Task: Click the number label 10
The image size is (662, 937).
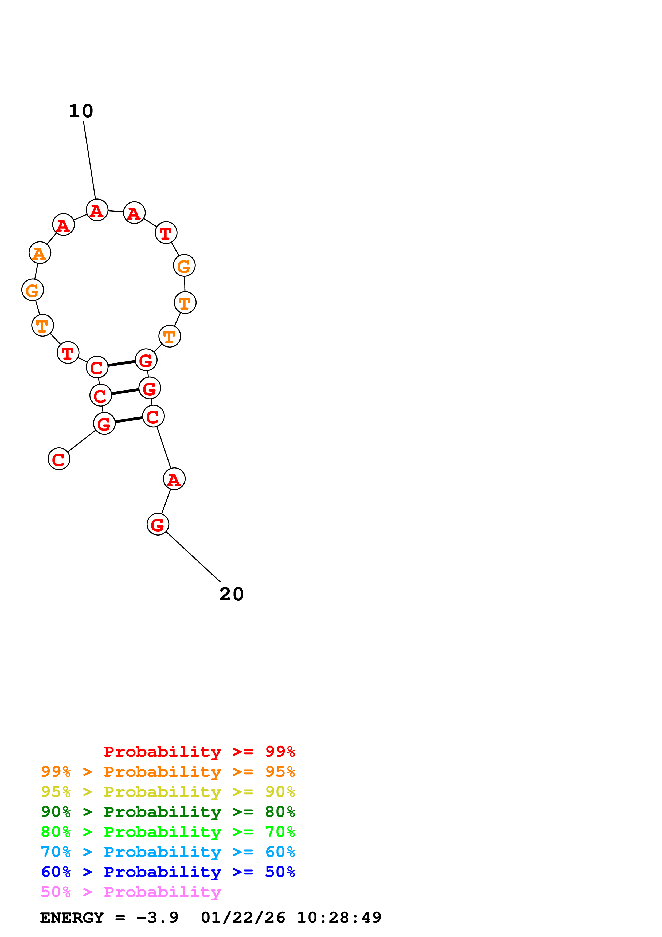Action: pyautogui.click(x=81, y=111)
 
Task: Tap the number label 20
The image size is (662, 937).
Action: pyautogui.click(x=231, y=594)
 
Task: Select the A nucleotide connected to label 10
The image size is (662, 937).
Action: pyautogui.click(x=97, y=210)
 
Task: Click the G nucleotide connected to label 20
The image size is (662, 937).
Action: pyautogui.click(x=158, y=524)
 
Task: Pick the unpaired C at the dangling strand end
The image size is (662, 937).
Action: pyautogui.click(x=59, y=459)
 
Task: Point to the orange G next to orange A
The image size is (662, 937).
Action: pyautogui.click(x=33, y=290)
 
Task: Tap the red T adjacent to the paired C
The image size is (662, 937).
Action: pyautogui.click(x=68, y=353)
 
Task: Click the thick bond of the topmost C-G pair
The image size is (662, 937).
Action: pyautogui.click(x=122, y=363)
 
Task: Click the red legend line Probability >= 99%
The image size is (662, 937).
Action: pyautogui.click(x=199, y=752)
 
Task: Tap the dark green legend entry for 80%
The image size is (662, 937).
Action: pyautogui.click(x=168, y=812)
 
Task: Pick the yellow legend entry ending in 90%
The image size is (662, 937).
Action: pyautogui.click(x=168, y=792)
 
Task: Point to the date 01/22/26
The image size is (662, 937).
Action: pyautogui.click(x=243, y=918)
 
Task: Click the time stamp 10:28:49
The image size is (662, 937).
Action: pyautogui.click(x=339, y=918)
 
